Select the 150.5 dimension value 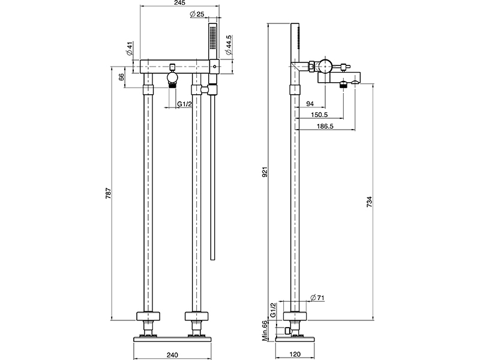click(x=319, y=115)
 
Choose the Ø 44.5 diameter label click(x=229, y=46)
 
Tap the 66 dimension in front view click(x=122, y=76)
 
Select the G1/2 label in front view click(x=185, y=105)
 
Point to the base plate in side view click(x=295, y=340)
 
